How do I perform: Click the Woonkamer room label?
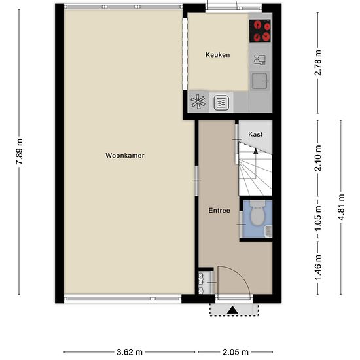coord(125,155)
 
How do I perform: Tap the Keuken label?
coord(218,55)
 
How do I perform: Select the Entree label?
coord(219,211)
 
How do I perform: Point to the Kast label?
coord(255,134)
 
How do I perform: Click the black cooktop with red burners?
coord(260,31)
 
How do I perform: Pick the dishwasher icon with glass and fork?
coord(260,60)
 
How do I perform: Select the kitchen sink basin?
coord(260,81)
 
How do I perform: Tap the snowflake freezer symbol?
coord(198,102)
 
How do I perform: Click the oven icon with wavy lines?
coord(221,103)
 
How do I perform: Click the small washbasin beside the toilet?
coord(268,231)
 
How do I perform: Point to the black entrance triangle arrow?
coord(233,310)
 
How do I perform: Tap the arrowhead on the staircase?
coord(255,151)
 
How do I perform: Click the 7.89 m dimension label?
coord(19,152)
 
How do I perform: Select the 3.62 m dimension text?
coord(130,352)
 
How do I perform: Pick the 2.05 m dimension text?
coord(236,352)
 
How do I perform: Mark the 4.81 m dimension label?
coord(341,207)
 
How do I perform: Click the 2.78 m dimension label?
coord(318,63)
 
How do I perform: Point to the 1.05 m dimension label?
coord(318,219)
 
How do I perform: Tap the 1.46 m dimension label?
coord(318,268)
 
